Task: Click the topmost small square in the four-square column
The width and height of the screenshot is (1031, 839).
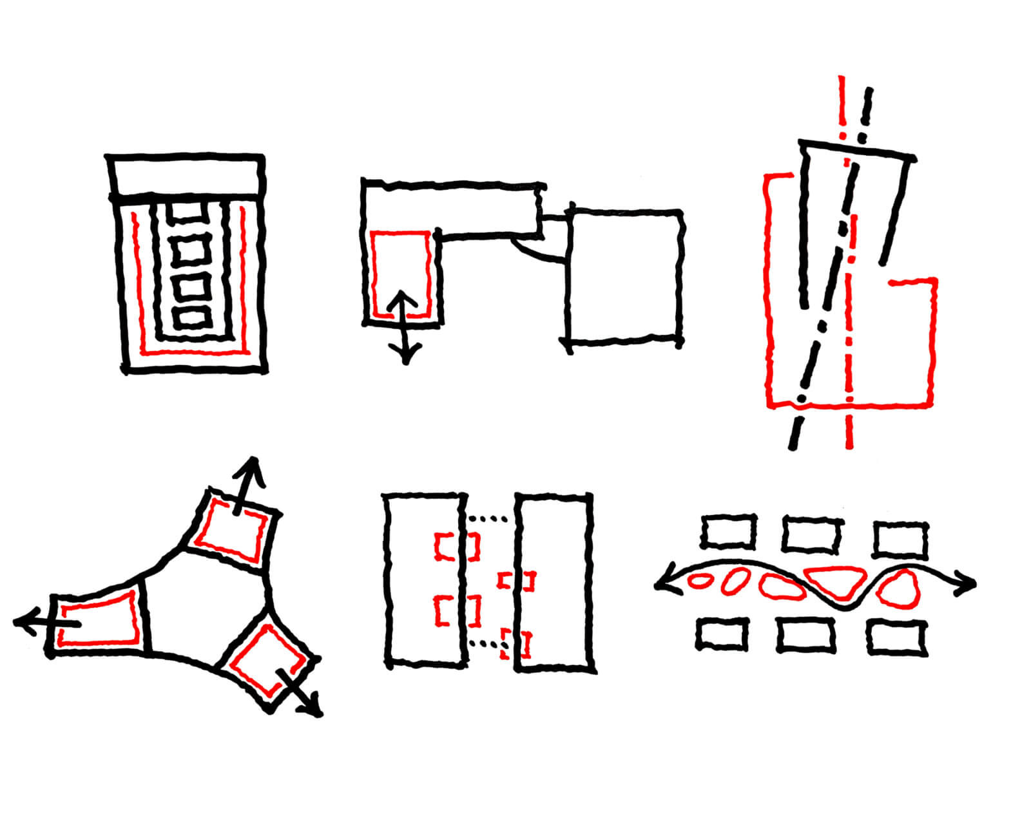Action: click(190, 212)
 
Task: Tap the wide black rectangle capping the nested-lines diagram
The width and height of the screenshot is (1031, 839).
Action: click(186, 175)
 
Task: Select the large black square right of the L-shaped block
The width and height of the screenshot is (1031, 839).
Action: click(624, 277)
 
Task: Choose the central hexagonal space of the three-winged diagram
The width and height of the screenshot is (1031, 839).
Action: click(206, 605)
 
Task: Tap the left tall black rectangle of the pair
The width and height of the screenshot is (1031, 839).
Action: click(425, 578)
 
